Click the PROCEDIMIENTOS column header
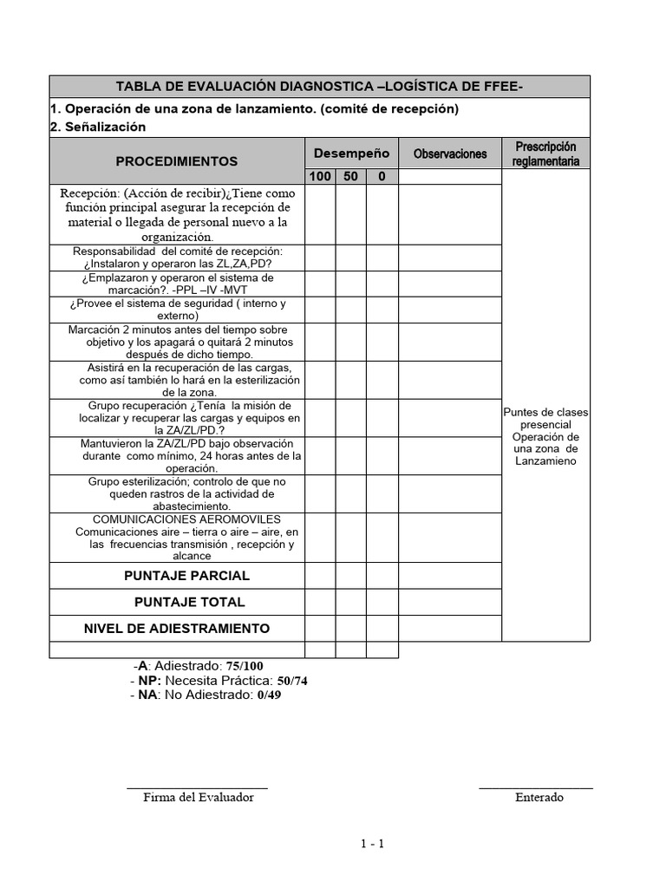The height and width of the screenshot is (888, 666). point(177,161)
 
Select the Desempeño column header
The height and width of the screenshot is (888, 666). point(351,153)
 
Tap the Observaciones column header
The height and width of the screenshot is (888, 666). point(450,153)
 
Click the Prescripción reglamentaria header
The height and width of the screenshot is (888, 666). point(545,153)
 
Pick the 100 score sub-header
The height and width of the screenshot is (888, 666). point(320,177)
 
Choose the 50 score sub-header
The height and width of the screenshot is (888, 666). point(351,177)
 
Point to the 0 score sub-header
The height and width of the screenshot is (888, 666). point(382,177)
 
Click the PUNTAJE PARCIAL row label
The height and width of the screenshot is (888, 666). point(186,576)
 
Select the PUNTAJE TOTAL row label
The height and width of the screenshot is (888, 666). point(189,602)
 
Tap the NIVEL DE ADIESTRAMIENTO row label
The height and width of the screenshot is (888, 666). point(176,628)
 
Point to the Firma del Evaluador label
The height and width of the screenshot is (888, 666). point(199,797)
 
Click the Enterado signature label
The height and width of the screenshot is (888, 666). point(539,797)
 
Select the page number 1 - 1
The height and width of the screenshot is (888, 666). point(373,844)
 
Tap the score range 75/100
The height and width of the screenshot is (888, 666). point(245,666)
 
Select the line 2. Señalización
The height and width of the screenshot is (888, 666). point(98,127)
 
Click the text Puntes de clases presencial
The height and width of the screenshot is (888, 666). point(545,418)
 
